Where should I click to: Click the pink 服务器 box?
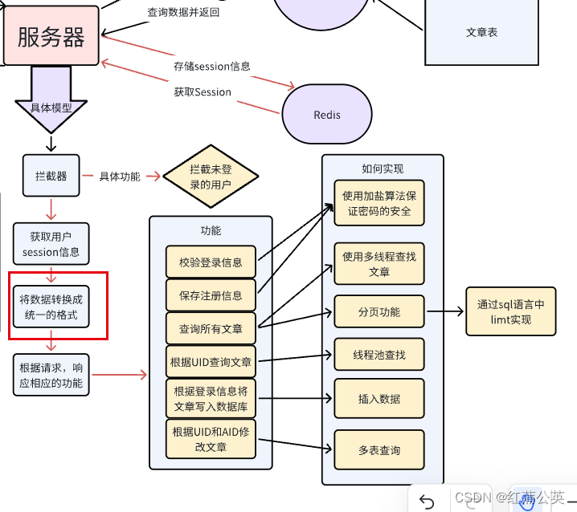(x=51, y=35)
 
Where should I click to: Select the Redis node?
(x=326, y=115)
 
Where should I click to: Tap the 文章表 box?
(x=481, y=32)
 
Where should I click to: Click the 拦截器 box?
(x=51, y=176)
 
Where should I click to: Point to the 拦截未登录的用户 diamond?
(x=211, y=177)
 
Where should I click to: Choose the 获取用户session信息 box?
(x=51, y=244)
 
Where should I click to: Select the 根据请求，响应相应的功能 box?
(x=51, y=375)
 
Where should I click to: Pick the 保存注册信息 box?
(x=211, y=295)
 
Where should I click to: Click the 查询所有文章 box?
(x=211, y=327)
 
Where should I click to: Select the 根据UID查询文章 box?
(x=211, y=362)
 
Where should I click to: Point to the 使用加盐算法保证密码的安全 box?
(x=379, y=203)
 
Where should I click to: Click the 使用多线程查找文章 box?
(x=379, y=264)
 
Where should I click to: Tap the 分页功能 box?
(x=379, y=311)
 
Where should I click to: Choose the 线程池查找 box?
(x=379, y=354)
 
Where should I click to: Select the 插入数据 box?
(x=379, y=399)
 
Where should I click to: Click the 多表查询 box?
(x=379, y=450)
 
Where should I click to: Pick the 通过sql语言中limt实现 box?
(x=509, y=311)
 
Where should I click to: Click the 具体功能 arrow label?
(x=119, y=177)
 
